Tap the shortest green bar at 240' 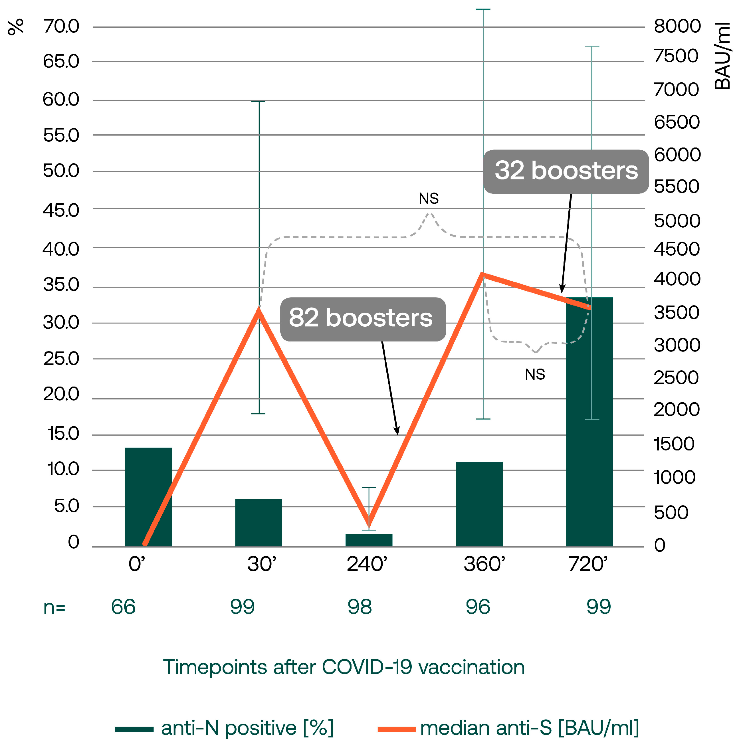pos(369,540)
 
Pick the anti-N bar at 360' pos(479,504)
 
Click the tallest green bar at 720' pos(589,425)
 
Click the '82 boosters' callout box pos(363,319)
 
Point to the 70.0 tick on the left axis pos(61,27)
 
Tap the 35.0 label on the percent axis pos(61,285)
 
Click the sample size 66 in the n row pos(123,607)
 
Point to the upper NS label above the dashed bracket pos(429,199)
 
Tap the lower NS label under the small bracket pos(535,375)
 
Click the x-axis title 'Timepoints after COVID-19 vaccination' pos(344,667)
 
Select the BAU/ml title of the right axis pos(722,56)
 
